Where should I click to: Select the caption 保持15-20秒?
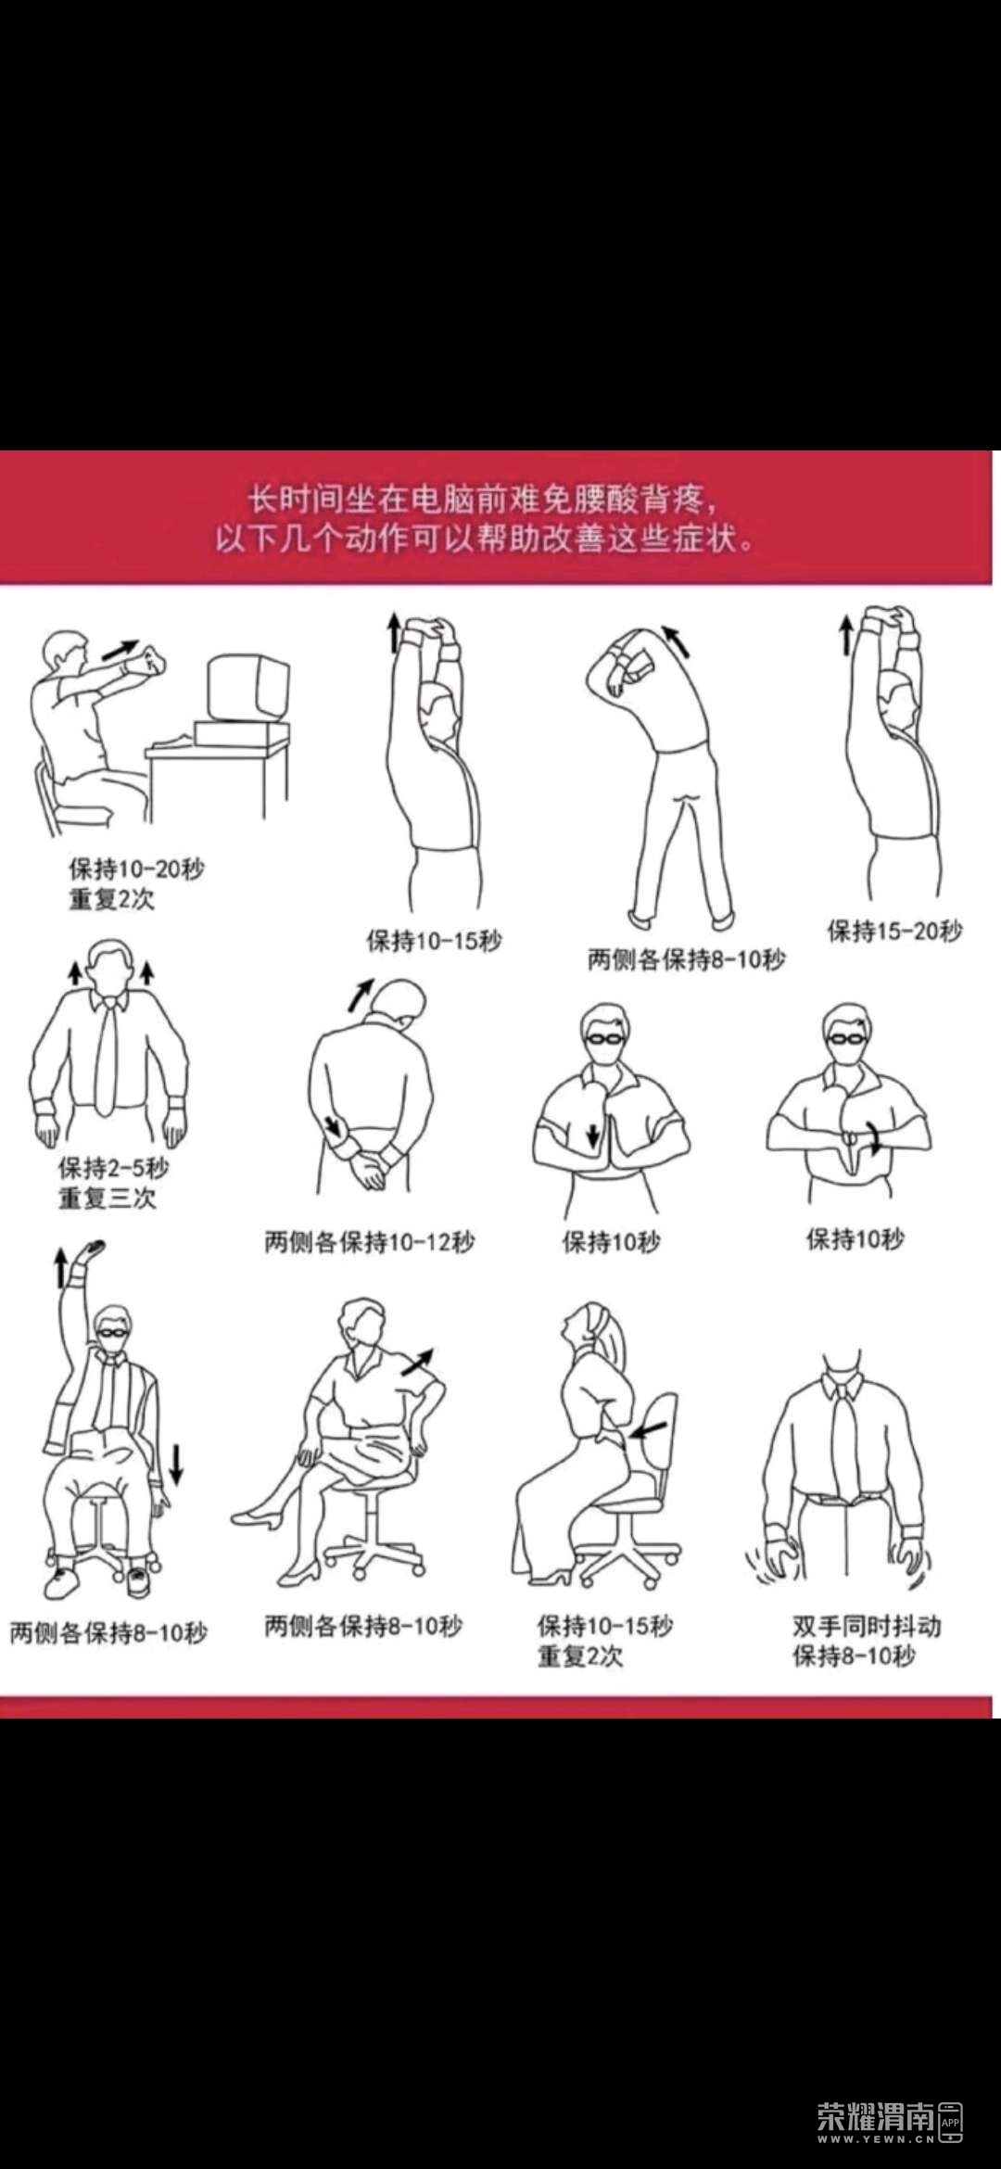[894, 930]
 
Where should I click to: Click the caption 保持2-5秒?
[113, 1167]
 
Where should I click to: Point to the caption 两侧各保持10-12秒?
[369, 1241]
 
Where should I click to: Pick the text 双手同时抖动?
[867, 1626]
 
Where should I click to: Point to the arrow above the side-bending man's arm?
[676, 641]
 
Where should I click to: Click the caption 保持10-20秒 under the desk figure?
[136, 869]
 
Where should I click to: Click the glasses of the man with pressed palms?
[603, 1036]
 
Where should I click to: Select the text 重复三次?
[107, 1198]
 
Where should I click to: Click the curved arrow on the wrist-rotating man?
[873, 1135]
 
